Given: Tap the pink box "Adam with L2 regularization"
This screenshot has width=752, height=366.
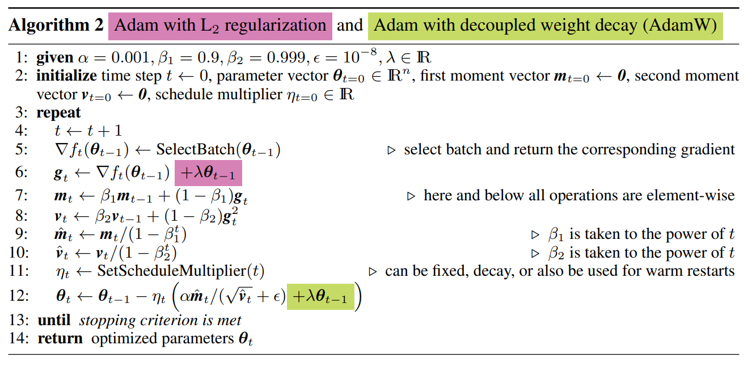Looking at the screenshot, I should (x=220, y=26).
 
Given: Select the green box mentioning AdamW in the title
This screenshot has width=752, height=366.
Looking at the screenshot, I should (x=545, y=26).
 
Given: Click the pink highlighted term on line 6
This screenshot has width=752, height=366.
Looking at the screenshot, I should (x=208, y=173).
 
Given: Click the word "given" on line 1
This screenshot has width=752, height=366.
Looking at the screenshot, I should (x=54, y=57).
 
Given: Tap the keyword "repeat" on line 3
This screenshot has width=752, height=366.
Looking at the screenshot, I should (x=58, y=112).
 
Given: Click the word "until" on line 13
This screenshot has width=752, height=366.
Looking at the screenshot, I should (x=54, y=321).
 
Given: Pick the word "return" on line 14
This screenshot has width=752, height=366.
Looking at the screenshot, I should (x=60, y=339).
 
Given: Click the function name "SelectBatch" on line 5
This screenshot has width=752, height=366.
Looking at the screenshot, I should (x=191, y=150).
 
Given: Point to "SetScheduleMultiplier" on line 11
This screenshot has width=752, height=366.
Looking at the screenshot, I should (x=173, y=271).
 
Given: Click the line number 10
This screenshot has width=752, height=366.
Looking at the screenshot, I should (x=18, y=253).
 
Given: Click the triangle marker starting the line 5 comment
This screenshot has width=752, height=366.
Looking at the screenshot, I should (x=391, y=150).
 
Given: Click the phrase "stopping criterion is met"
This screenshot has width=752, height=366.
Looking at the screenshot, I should (x=160, y=321).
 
